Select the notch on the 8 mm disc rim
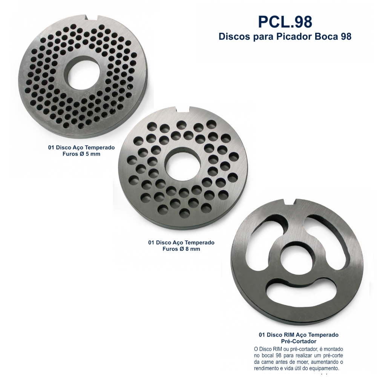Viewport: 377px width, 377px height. pos(183,109)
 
